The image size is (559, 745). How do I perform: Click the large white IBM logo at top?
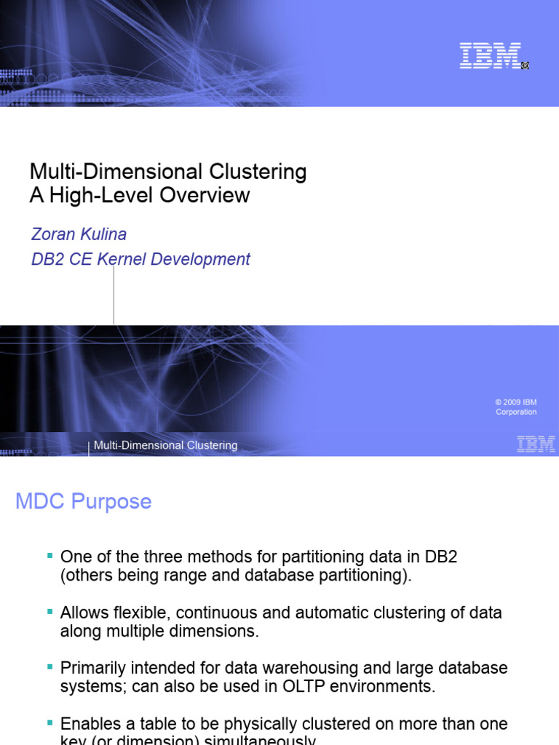pyautogui.click(x=490, y=56)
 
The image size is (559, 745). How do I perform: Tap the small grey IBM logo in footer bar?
pyautogui.click(x=536, y=445)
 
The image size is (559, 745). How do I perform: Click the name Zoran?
pyautogui.click(x=52, y=234)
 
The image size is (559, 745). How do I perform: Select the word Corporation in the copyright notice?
pyautogui.click(x=516, y=412)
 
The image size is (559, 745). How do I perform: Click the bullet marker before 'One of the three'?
pyautogui.click(x=49, y=555)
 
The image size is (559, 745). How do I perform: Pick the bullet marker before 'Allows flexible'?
pyautogui.click(x=49, y=611)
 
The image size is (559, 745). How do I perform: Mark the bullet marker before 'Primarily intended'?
pyautogui.click(x=49, y=666)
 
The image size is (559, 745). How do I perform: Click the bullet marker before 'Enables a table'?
pyautogui.click(x=49, y=722)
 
